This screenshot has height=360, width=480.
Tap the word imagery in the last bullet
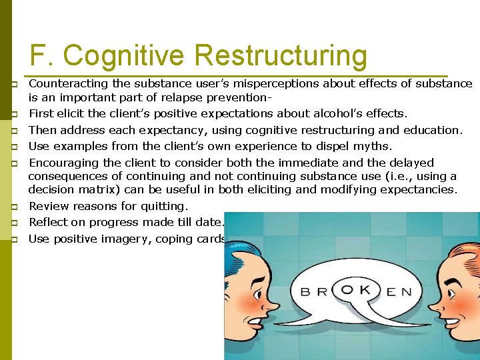pyautogui.click(x=127, y=239)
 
